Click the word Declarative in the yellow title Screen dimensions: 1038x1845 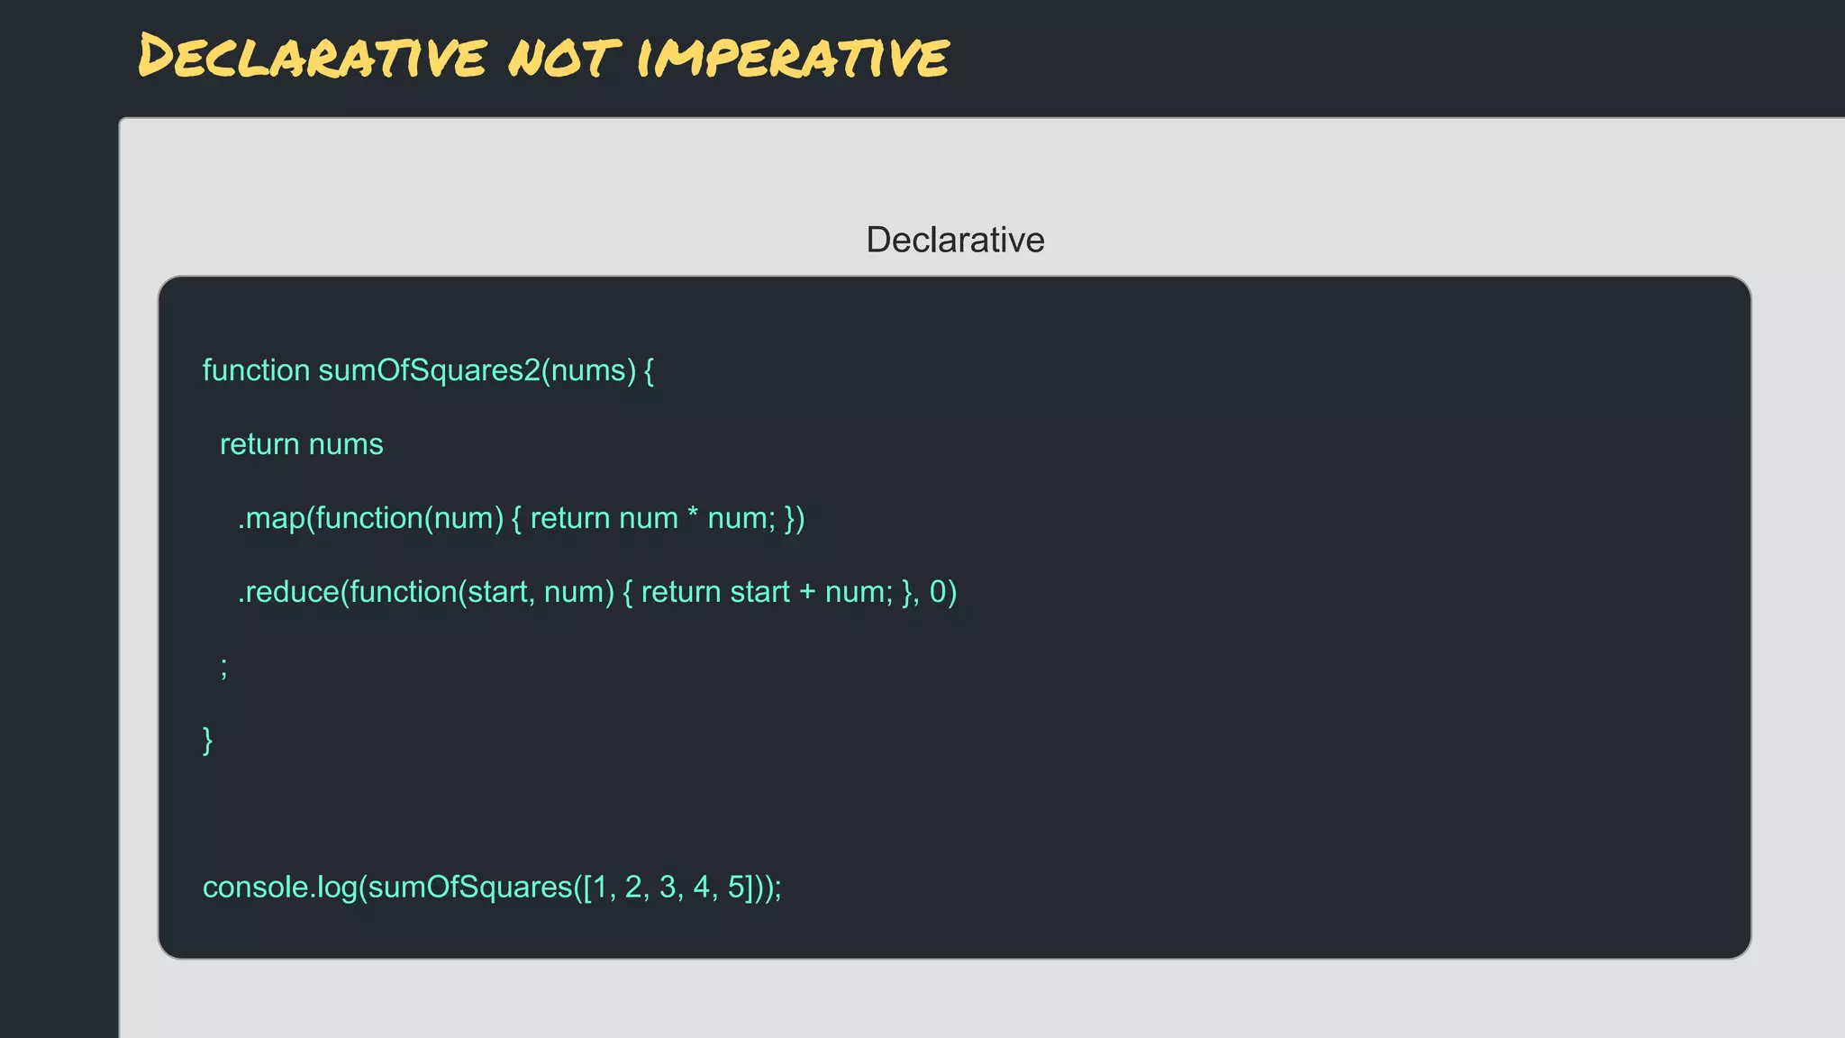[x=312, y=57]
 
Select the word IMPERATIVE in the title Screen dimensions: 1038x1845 [x=793, y=57]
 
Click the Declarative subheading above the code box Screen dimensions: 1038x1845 [x=955, y=240]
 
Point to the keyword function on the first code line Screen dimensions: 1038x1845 [x=256, y=370]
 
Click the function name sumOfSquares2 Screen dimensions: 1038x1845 [x=429, y=370]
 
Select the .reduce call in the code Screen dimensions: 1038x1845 [x=288, y=592]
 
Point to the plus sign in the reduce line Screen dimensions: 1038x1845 [x=807, y=592]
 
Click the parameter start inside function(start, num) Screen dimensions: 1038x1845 [x=496, y=592]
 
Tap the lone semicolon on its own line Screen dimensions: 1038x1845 [x=224, y=668]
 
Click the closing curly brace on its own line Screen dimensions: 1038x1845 [x=208, y=740]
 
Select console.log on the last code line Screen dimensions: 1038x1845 [x=280, y=888]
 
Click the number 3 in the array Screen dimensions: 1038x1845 [x=668, y=888]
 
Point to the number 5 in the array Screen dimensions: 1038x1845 [x=736, y=888]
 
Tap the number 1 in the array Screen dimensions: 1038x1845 [x=600, y=888]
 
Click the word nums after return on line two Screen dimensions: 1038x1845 [x=346, y=444]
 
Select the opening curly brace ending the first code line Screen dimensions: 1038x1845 [x=649, y=370]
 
